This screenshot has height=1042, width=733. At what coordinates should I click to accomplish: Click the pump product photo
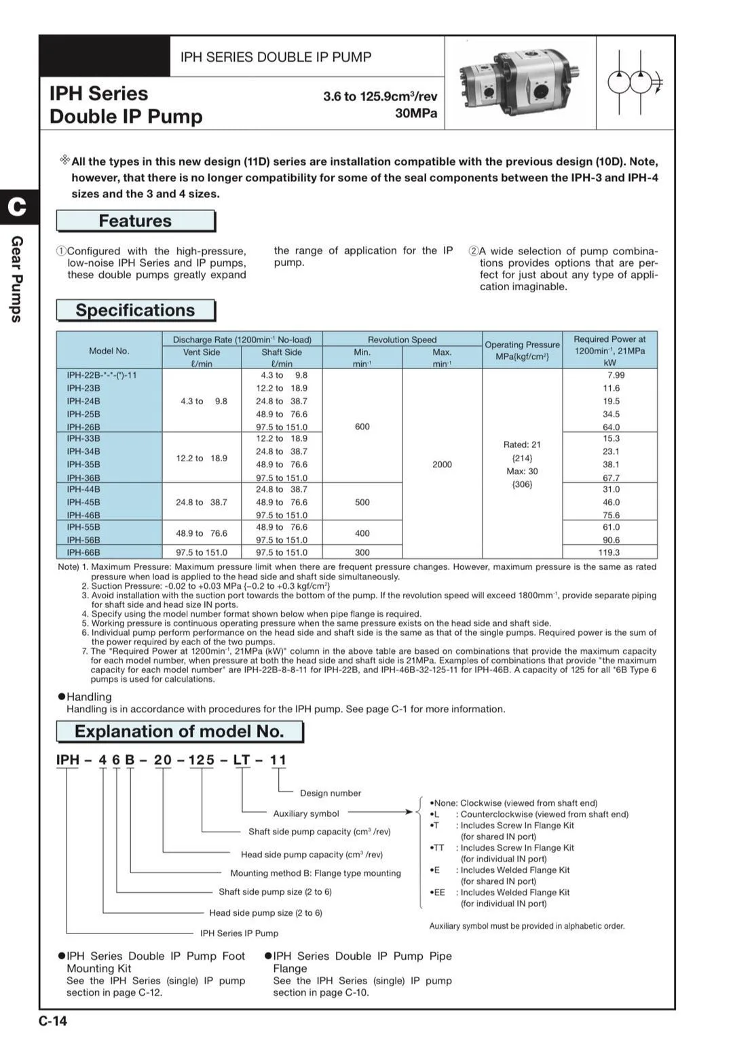coord(520,83)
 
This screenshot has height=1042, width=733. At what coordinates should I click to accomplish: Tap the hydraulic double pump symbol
coord(635,83)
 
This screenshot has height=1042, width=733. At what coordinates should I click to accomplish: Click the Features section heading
coord(135,221)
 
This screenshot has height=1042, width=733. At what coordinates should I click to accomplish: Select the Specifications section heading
coord(135,310)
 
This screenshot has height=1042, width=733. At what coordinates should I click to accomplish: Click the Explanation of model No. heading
coord(179,731)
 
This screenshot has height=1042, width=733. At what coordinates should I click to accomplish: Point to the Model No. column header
coord(109,351)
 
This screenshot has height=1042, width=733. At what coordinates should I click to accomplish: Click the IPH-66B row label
coord(83,552)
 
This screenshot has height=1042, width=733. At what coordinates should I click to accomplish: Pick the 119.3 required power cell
coord(609,552)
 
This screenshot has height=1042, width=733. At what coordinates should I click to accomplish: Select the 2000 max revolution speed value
coord(442,465)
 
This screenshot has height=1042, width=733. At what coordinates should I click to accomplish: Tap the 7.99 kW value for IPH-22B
coord(616,375)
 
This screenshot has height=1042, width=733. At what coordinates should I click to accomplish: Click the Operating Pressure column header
coord(522,350)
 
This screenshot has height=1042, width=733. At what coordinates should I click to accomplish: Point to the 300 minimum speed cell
coord(362,552)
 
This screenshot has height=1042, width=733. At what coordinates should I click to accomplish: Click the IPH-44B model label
coord(83,489)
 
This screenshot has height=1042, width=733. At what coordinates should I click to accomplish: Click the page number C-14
coord(53,1021)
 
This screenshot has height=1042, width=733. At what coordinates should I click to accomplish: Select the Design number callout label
coord(331,793)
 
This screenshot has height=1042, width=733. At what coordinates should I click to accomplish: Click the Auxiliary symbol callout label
coord(306,813)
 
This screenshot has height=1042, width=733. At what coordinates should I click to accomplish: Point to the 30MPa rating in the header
coord(416,113)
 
